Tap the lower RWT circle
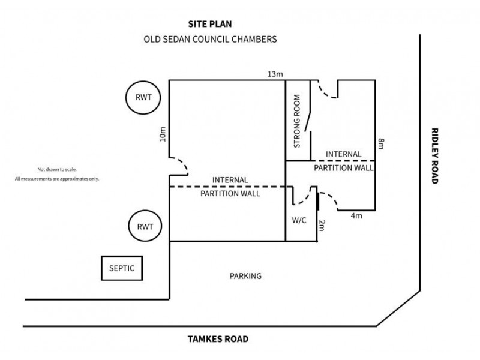(145, 227)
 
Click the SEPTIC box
(122, 268)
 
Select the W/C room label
(299, 220)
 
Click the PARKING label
(245, 277)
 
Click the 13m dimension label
(275, 74)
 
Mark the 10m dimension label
(162, 134)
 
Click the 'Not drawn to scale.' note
(58, 170)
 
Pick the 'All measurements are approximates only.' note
(57, 179)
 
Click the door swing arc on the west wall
(181, 165)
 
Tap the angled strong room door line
(307, 121)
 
